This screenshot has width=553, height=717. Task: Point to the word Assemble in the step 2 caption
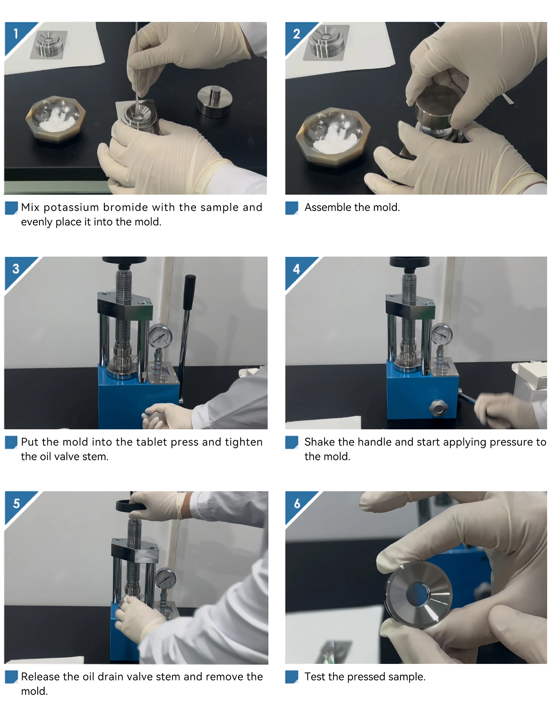[328, 207]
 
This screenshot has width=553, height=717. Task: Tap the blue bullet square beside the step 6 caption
[291, 677]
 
